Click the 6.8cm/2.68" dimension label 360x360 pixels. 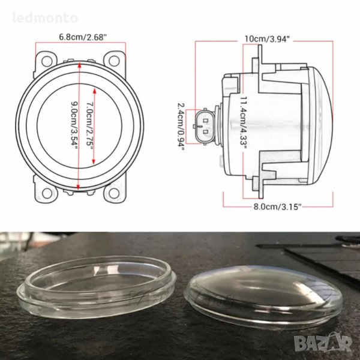click(x=83, y=37)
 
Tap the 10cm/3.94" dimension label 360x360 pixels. click(x=266, y=38)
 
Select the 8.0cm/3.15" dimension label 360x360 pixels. click(x=277, y=206)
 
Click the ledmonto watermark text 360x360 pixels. click(x=45, y=18)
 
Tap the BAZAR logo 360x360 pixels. click(x=323, y=343)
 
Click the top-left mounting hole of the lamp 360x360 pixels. click(x=47, y=61)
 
